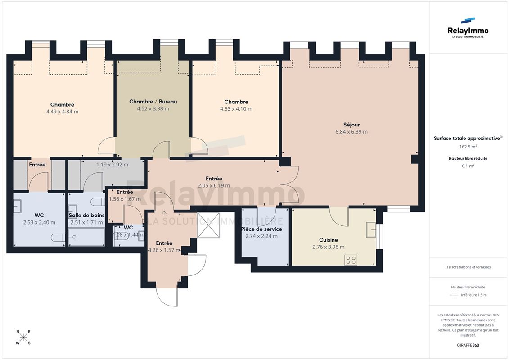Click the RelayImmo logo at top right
coord(468,28)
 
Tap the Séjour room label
coord(351,125)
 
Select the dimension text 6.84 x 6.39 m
coord(351,132)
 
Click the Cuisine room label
coord(329,240)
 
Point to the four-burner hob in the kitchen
coord(351,260)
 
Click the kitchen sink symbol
coord(371,230)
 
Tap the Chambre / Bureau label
coord(153,102)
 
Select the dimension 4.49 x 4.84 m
coord(62,112)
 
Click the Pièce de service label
coord(261,229)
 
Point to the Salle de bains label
coord(87,215)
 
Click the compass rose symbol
coord(23,337)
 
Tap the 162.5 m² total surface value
coord(468,147)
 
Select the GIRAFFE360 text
coord(468,345)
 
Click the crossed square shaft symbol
coord(208,225)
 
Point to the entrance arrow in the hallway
coord(165,214)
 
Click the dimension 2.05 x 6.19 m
coord(214,186)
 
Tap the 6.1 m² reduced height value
coord(468,166)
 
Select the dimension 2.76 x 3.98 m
coord(329,247)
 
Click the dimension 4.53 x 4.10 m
coord(236,109)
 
